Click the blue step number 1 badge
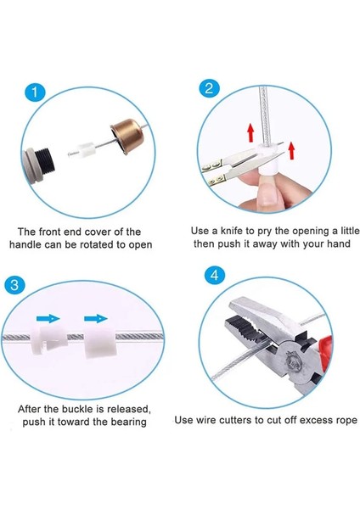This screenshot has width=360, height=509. tap(35, 92)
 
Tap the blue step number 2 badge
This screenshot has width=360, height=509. tap(209, 88)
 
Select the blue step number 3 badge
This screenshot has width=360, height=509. tap(14, 285)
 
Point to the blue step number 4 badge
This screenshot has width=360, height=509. tap(215, 275)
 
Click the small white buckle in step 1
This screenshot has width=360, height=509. tap(87, 149)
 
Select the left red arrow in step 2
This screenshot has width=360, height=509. tap(250, 132)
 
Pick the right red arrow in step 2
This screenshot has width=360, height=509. tap(291, 150)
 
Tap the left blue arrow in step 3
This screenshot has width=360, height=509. tap(48, 319)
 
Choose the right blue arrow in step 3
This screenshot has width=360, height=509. tap(96, 319)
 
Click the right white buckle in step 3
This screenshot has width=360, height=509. tap(100, 342)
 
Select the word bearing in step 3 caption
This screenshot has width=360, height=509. tap(129, 422)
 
